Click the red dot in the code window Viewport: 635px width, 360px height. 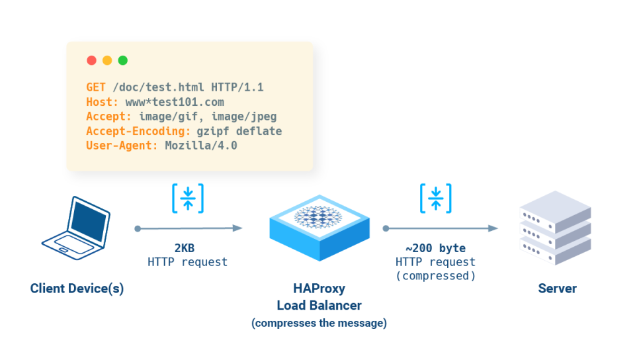point(91,60)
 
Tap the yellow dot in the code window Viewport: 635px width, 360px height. point(107,60)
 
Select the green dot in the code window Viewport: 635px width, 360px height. point(122,60)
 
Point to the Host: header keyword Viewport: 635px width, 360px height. point(103,102)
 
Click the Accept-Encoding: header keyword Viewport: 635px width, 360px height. point(138,131)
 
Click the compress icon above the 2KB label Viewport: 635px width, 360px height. point(188,199)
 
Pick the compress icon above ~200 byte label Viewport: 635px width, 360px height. point(436,199)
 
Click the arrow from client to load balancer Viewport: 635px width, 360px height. point(189,228)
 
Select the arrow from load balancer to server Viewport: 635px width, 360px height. point(441,228)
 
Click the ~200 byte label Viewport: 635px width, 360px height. point(435,248)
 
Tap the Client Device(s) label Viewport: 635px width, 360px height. point(77,289)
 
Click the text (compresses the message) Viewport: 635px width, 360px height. point(319,323)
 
